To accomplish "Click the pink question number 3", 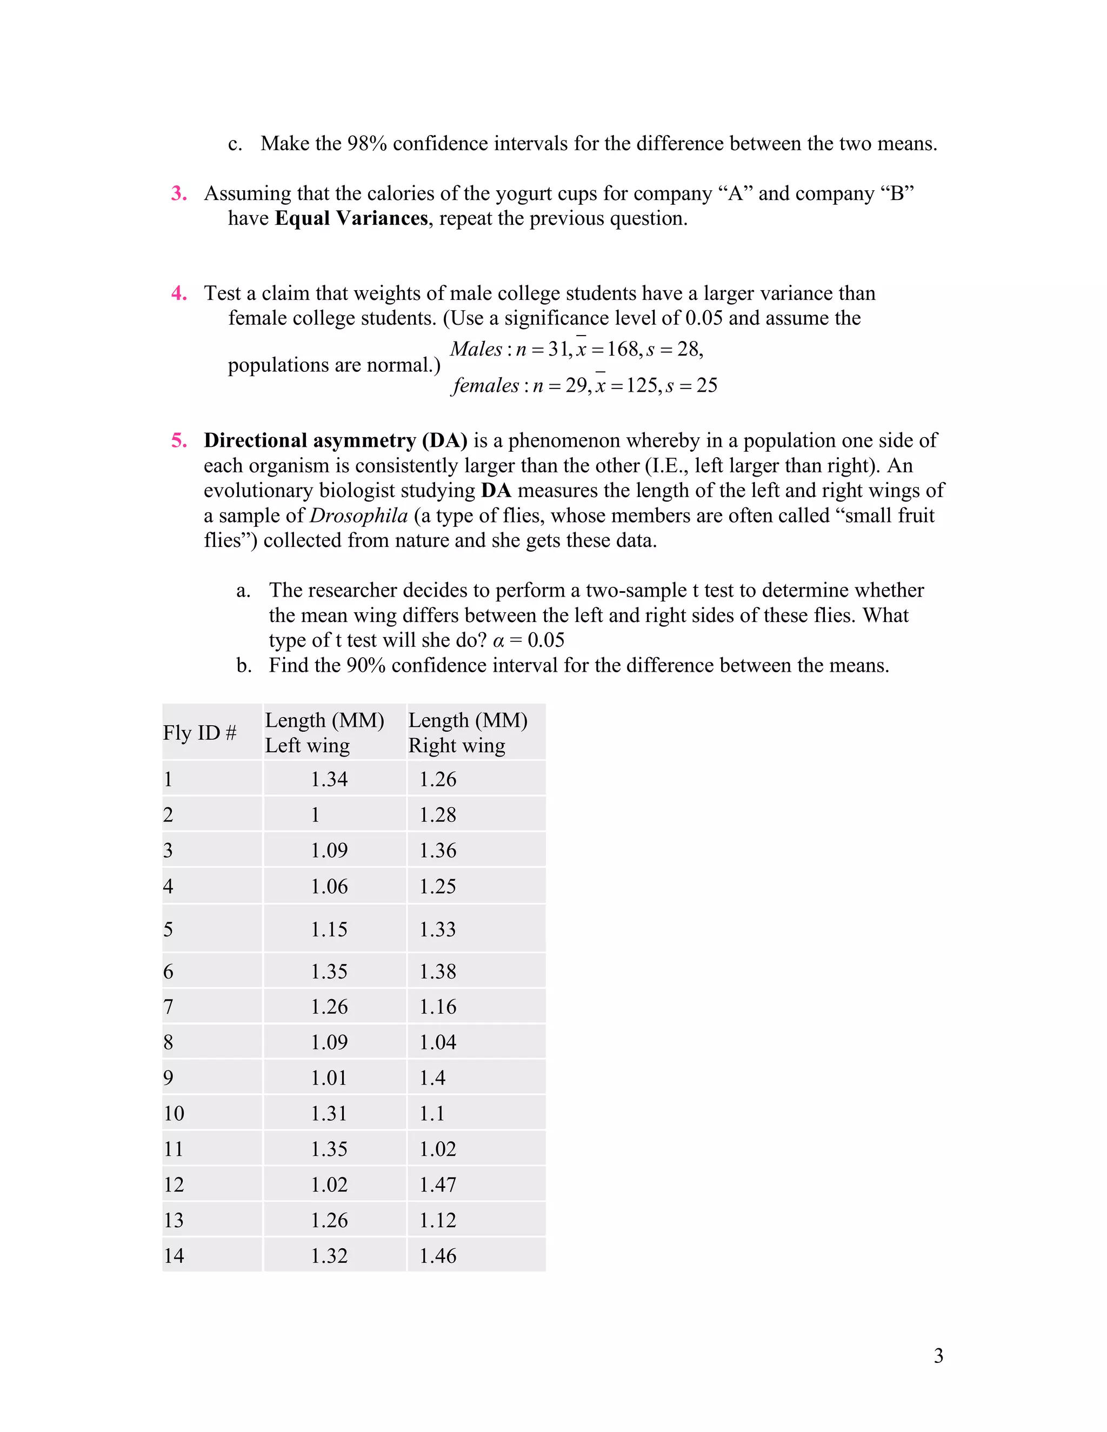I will tap(179, 193).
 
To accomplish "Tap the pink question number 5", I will tap(179, 440).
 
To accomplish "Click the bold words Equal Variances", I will tap(351, 218).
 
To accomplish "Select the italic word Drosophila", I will tap(359, 516).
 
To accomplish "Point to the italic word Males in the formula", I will tap(476, 349).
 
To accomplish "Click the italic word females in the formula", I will tap(486, 385).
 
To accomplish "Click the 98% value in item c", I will tap(366, 144).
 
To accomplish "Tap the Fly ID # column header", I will tap(199, 732).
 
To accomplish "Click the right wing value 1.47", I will tap(437, 1184).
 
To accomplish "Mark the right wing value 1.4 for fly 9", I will tap(432, 1078).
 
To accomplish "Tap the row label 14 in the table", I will tap(174, 1256).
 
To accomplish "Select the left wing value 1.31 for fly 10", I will tap(329, 1113).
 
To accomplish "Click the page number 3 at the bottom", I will tap(938, 1355).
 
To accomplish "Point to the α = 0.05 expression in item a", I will tap(528, 640).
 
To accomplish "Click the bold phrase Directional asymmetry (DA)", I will tap(335, 440).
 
